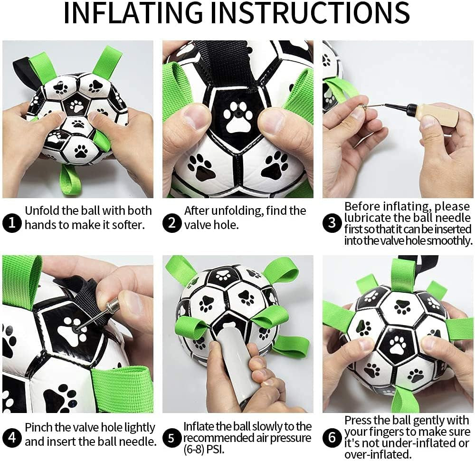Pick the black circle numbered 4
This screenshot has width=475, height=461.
point(12,437)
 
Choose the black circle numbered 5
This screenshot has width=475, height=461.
point(172,437)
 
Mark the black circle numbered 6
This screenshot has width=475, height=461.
point(332,437)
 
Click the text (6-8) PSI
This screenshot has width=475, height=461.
point(204,449)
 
